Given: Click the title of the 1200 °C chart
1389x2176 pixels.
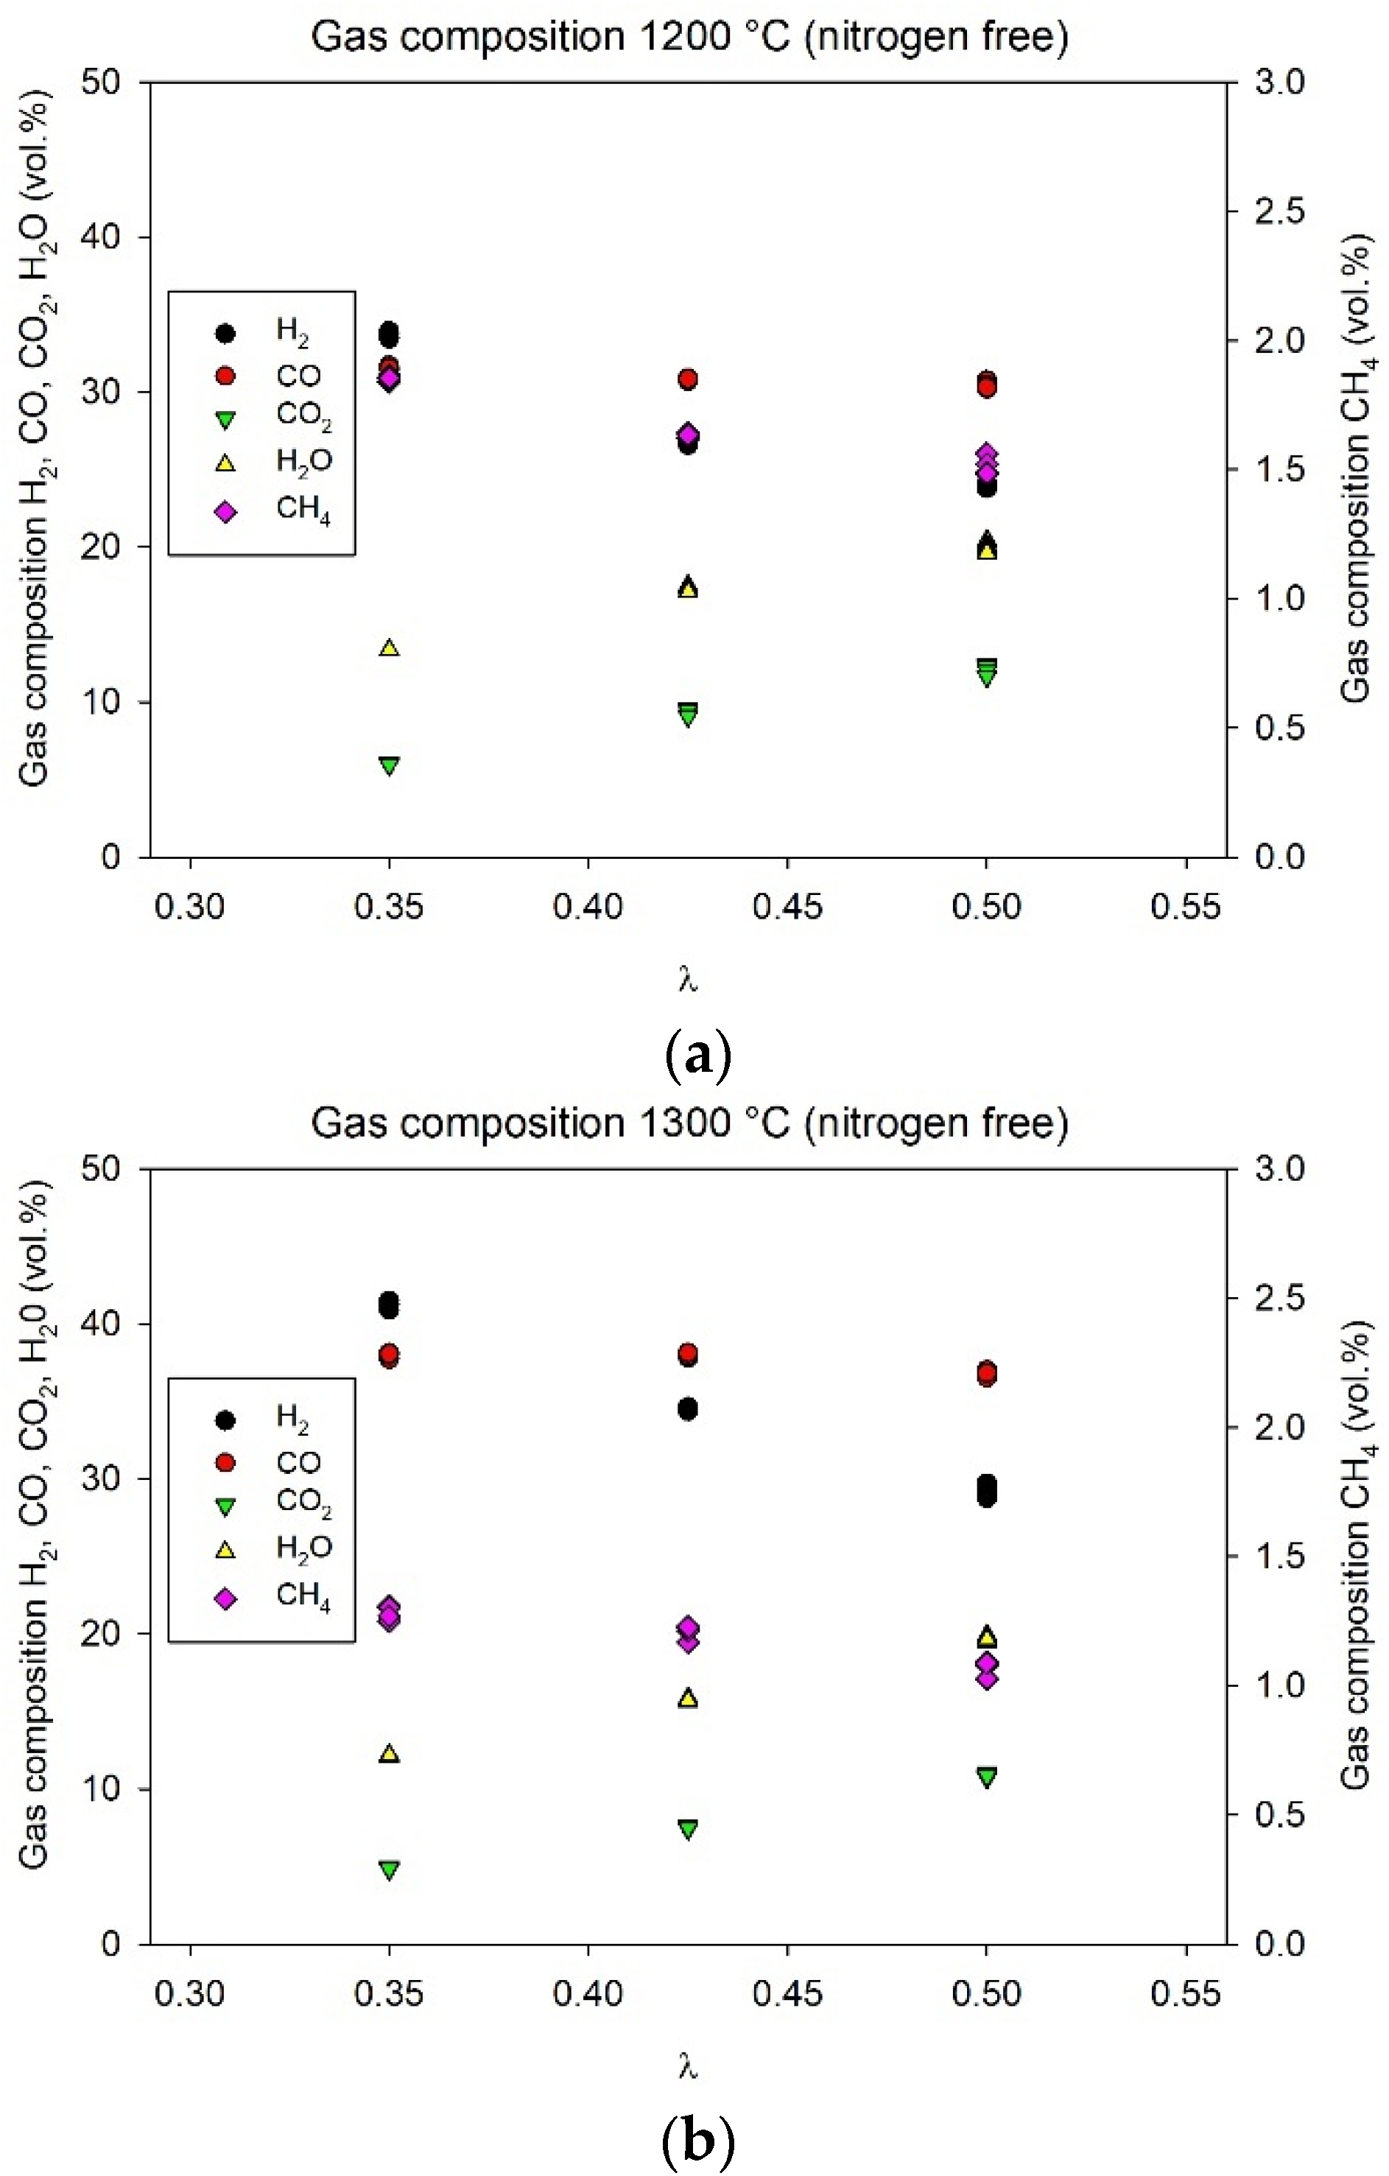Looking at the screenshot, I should pyautogui.click(x=689, y=37).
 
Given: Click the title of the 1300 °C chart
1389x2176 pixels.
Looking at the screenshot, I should pyautogui.click(x=689, y=1123).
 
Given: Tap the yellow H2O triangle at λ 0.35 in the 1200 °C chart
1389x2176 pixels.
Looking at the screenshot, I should pyautogui.click(x=389, y=647).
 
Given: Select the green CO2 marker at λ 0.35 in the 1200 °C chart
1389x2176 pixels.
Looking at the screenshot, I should pyautogui.click(x=389, y=765).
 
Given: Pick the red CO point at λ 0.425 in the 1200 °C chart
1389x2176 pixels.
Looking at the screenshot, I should pyautogui.click(x=688, y=379).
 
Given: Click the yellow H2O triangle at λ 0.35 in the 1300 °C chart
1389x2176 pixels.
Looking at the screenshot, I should pyautogui.click(x=389, y=1754).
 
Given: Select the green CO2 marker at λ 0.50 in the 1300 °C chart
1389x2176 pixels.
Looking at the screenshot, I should pyautogui.click(x=987, y=1777).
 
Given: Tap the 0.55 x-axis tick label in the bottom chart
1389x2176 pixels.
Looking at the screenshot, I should pyautogui.click(x=1186, y=1993).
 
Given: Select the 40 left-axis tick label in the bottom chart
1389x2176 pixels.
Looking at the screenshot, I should pyautogui.click(x=100, y=1324).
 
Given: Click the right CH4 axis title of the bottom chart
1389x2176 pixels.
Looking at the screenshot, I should pyautogui.click(x=1356, y=1554).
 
